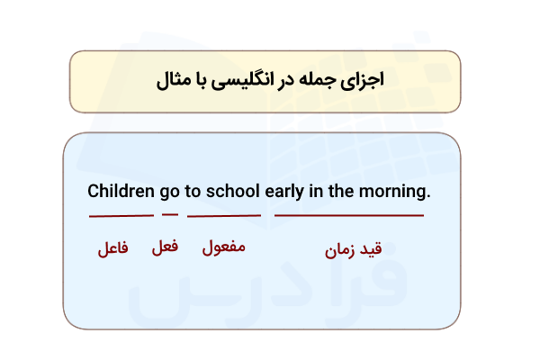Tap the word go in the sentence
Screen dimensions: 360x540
click(168, 193)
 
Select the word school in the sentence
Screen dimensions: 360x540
click(233, 192)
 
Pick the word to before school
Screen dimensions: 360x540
click(193, 192)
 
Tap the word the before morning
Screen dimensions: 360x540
click(346, 192)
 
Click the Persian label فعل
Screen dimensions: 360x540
click(164, 247)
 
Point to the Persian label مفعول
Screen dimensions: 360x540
click(224, 247)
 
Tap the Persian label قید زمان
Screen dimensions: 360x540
click(354, 250)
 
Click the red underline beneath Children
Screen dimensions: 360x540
click(121, 216)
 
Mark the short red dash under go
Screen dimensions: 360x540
click(170, 214)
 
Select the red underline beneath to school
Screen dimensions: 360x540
click(223, 216)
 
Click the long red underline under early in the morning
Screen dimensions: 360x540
click(348, 216)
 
